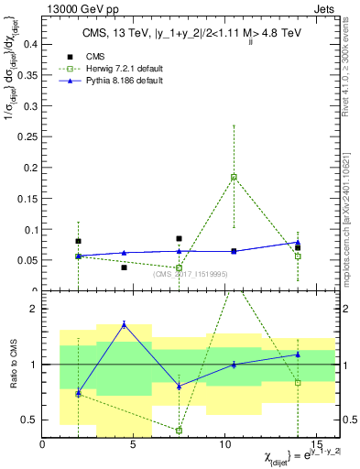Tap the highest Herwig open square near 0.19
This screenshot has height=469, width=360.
[x=234, y=177]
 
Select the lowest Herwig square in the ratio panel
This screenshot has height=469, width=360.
[x=179, y=431]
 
